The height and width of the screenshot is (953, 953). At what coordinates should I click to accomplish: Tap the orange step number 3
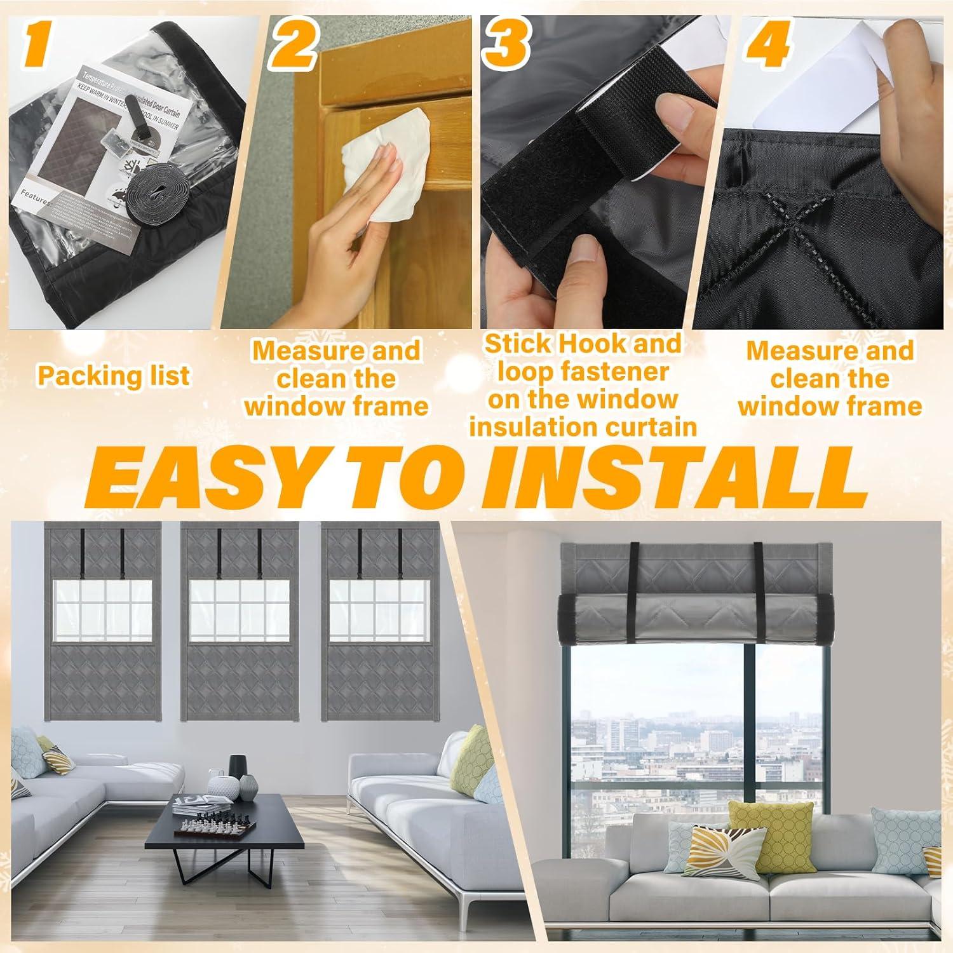507,41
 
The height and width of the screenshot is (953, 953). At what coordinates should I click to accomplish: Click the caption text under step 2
336,379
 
